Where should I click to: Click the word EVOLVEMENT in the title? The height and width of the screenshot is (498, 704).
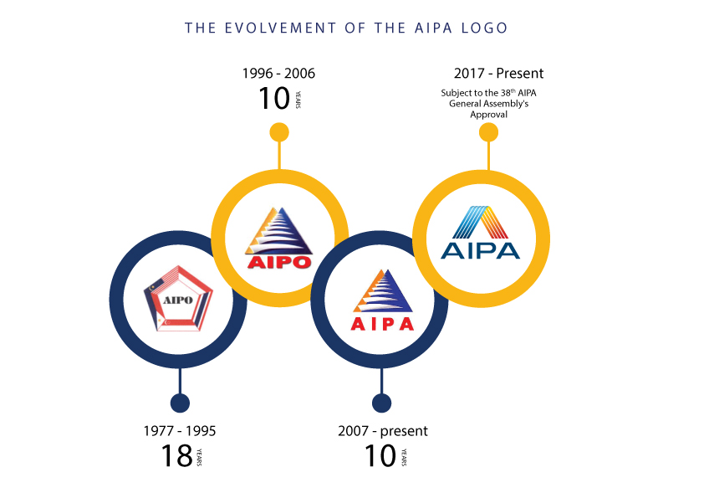tap(280, 28)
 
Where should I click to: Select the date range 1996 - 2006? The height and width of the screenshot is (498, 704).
tap(278, 74)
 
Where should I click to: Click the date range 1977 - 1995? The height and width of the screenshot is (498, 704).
tap(180, 431)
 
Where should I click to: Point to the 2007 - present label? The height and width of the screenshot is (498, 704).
tap(383, 431)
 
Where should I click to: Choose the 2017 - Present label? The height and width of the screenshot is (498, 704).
tap(499, 74)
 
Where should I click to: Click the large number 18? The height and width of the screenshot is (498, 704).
tap(177, 456)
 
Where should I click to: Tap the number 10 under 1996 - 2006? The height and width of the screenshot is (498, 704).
tap(274, 99)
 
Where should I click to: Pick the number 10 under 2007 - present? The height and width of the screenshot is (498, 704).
tap(380, 456)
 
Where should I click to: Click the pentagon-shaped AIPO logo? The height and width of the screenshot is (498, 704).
tap(178, 299)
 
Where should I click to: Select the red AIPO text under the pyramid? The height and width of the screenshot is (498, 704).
tap(279, 262)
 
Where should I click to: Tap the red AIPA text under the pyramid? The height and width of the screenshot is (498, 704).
tap(382, 324)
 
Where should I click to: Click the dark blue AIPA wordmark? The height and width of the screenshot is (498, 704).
tap(481, 251)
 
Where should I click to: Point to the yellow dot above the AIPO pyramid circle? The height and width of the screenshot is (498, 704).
tap(279, 132)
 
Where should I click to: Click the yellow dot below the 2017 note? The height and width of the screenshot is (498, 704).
tap(488, 132)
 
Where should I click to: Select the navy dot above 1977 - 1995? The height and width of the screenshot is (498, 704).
tap(180, 403)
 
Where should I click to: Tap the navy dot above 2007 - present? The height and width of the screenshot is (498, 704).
tap(381, 403)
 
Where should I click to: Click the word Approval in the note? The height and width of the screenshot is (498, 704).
tap(489, 115)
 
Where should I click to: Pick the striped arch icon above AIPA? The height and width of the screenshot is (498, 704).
tap(481, 222)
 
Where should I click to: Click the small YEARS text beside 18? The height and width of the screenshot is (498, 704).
tap(199, 457)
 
